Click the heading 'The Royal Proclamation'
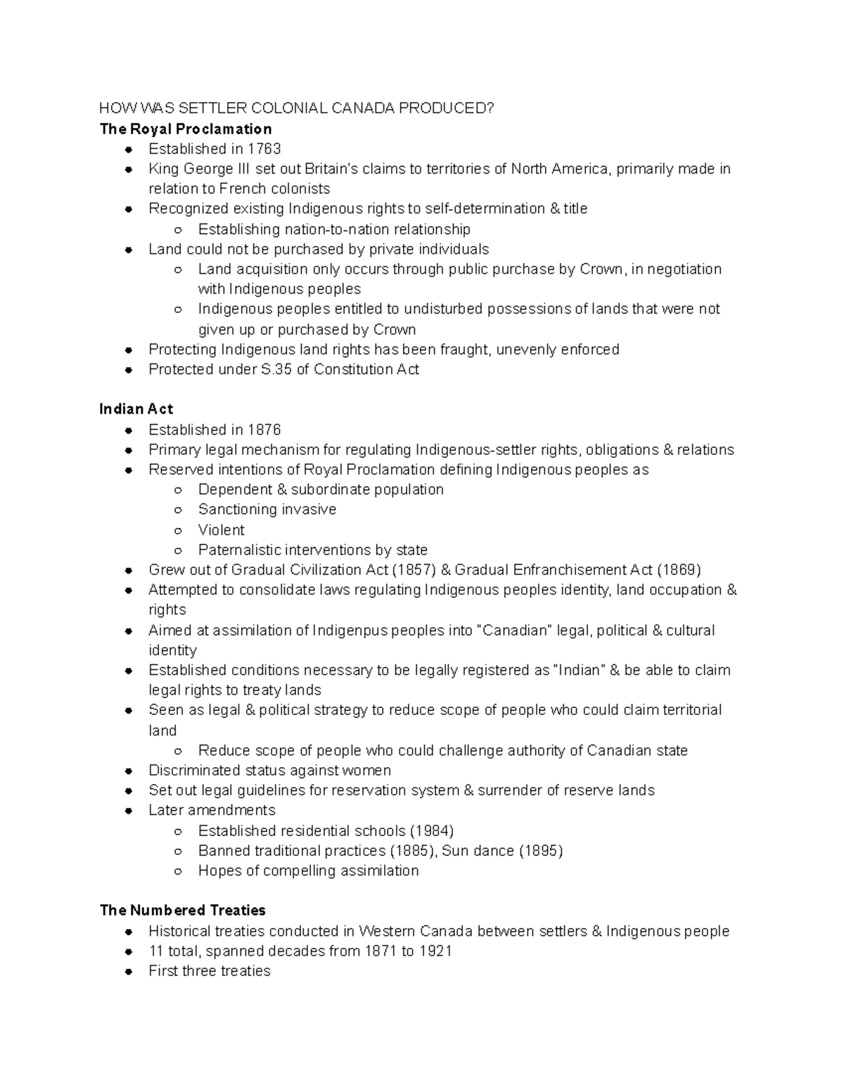pyautogui.click(x=186, y=129)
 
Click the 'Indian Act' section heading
pyautogui.click(x=136, y=409)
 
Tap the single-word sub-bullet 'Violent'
pyautogui.click(x=222, y=529)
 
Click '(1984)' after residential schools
pyautogui.click(x=431, y=830)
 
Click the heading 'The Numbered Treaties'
pyautogui.click(x=183, y=911)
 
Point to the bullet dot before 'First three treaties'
pyautogui.click(x=129, y=971)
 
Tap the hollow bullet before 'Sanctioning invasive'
pyautogui.click(x=179, y=510)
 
